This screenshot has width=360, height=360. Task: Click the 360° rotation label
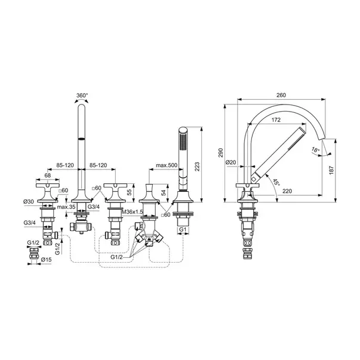(82, 96)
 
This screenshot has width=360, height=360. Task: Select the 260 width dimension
(281, 95)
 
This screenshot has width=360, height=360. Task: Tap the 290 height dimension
(221, 153)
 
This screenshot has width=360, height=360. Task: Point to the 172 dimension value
(276, 120)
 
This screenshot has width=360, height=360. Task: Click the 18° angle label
(316, 150)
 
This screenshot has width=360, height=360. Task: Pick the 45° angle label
(276, 183)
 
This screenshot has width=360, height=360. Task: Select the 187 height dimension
(331, 170)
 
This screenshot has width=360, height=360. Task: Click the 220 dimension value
(287, 191)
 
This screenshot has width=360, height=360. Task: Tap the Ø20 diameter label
(230, 162)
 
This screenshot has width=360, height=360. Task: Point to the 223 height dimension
(197, 167)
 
